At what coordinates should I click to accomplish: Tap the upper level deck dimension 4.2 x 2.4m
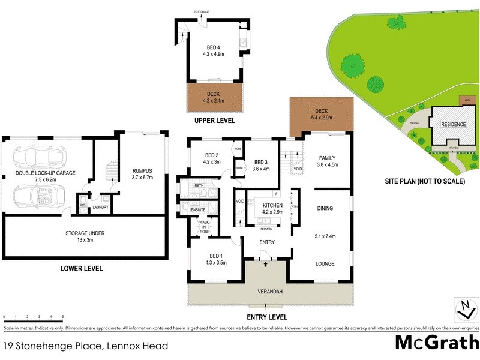pos(214,100)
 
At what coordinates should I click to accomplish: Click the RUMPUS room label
pos(142,171)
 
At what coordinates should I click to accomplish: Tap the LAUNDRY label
pos(100,208)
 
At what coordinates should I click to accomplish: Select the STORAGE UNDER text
pos(86,232)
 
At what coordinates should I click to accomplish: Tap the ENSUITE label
pos(199,209)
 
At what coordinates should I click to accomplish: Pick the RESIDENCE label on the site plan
pos(454,125)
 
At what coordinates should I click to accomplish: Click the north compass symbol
pos(465,310)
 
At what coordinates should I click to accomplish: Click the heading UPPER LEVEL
pos(214,121)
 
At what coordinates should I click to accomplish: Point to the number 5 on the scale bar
pos(62,316)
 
